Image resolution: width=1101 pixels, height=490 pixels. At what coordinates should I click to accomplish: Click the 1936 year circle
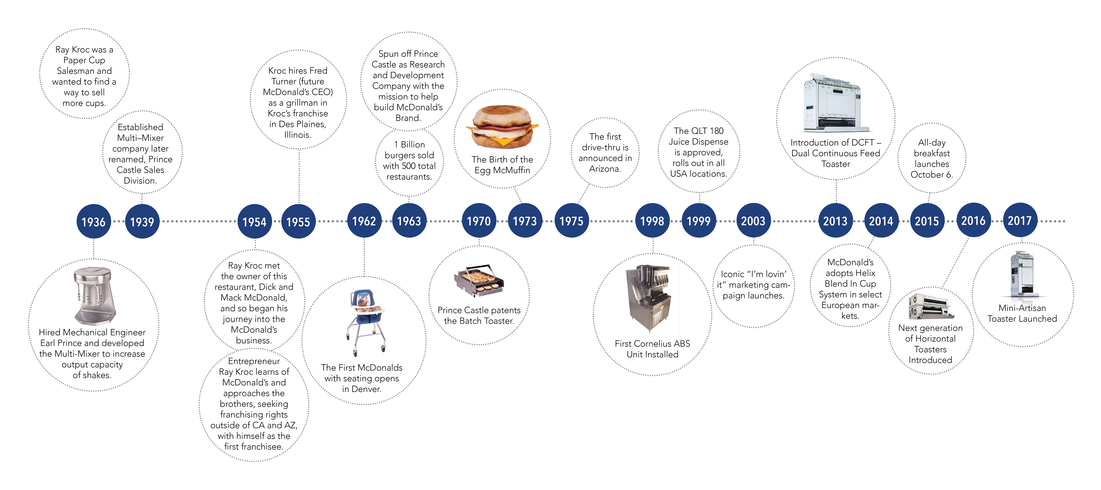[x=94, y=222]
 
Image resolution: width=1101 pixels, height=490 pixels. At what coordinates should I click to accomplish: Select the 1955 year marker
[x=298, y=222]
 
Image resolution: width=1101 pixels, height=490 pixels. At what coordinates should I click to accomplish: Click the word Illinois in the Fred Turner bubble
[x=298, y=135]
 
